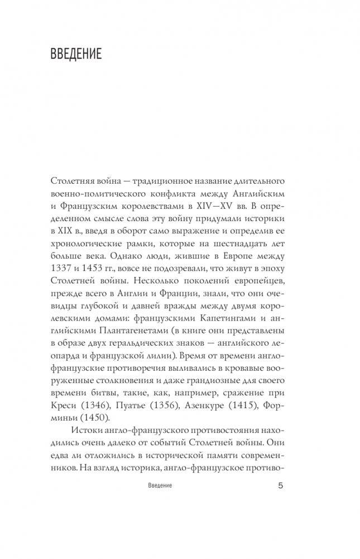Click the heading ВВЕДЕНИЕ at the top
coord(75,55)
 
